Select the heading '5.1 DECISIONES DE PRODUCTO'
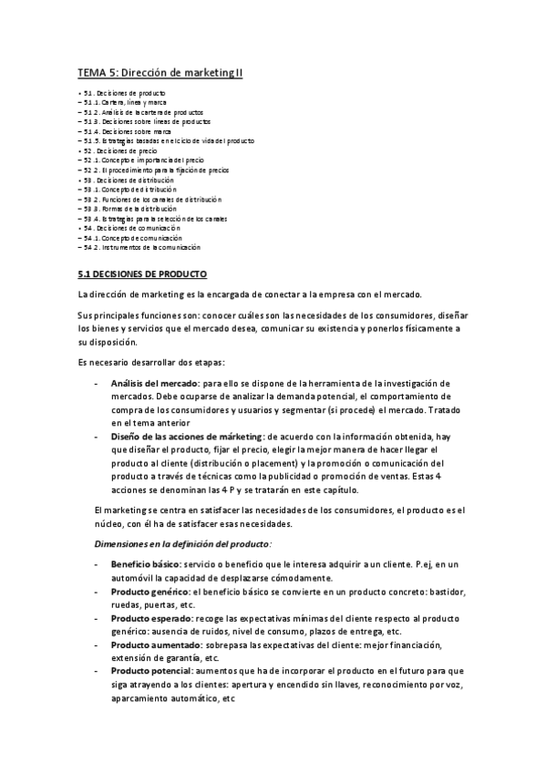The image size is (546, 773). [x=143, y=273]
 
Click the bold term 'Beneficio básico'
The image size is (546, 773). [x=144, y=566]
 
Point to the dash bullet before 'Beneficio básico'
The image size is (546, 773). [x=98, y=566]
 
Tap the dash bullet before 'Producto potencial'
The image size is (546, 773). [x=98, y=672]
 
